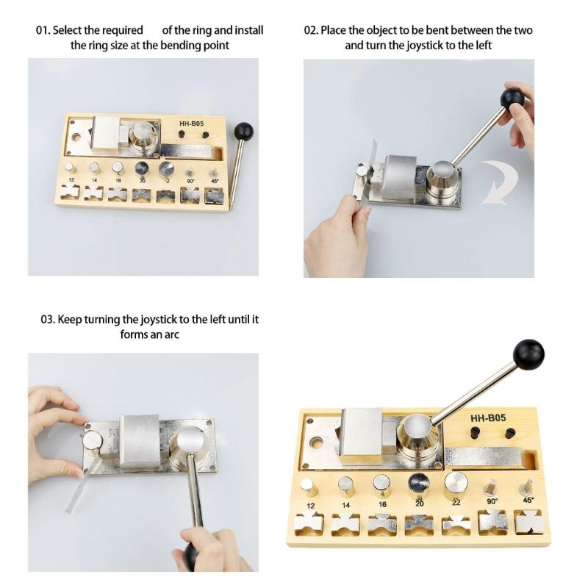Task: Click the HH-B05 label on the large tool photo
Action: [487, 419]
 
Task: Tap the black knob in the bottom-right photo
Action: [528, 354]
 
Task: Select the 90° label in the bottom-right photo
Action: [491, 501]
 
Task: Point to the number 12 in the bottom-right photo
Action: [310, 506]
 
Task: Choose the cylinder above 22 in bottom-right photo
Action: [456, 485]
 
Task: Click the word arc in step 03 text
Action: [173, 334]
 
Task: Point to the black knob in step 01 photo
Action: [243, 132]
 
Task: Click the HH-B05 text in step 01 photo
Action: [191, 123]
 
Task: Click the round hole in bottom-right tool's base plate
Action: [318, 444]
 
